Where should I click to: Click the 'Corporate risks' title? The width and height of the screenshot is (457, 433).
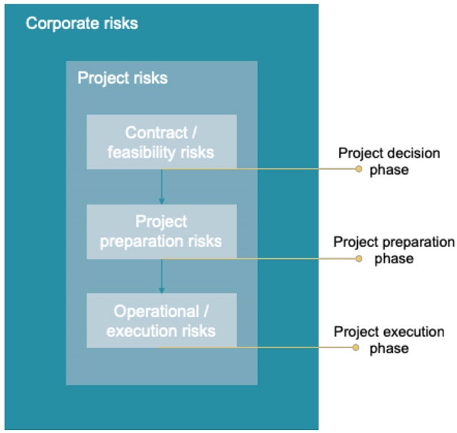[x=82, y=24]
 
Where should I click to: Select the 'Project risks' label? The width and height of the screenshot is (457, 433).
[x=123, y=78]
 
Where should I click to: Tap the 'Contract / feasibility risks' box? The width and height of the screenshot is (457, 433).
[x=162, y=142]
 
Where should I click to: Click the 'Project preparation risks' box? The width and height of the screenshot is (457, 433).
[x=162, y=232]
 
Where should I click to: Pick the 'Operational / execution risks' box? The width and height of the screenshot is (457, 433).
[x=162, y=320]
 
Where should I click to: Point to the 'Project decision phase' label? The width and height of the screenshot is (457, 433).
[x=389, y=161]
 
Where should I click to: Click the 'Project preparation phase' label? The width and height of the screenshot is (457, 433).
[x=394, y=250]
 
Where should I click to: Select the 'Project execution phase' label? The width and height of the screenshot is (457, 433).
[x=389, y=340]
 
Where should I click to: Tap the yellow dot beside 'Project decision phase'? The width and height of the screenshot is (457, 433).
[x=358, y=169]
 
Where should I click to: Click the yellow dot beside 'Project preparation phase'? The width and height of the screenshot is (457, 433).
[x=358, y=258]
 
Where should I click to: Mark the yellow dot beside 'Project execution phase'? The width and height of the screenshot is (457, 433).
[x=356, y=347]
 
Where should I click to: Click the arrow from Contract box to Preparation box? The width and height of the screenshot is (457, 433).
[x=162, y=187]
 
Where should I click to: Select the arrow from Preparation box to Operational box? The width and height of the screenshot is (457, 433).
[x=162, y=276]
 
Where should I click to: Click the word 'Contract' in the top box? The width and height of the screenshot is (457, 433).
[x=156, y=133]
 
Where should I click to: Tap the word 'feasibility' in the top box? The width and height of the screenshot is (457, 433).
[x=141, y=152]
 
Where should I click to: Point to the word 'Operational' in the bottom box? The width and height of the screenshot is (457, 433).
[x=156, y=311]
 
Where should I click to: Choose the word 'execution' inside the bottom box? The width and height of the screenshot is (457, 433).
[x=141, y=332]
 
